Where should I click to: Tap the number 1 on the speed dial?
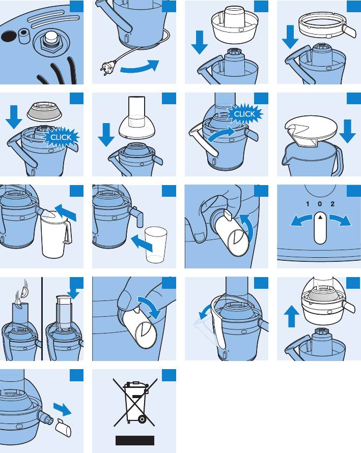click(x=308, y=204)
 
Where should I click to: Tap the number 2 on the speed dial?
click(x=332, y=204)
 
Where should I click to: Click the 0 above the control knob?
click(x=320, y=204)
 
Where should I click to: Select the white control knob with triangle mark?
click(x=320, y=228)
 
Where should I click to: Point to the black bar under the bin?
click(x=135, y=440)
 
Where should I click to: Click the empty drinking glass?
click(x=156, y=245)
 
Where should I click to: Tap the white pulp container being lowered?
click(x=235, y=24)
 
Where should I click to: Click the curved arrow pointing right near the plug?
click(x=140, y=67)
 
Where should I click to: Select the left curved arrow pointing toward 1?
click(x=301, y=220)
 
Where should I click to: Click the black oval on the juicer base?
click(x=9, y=36)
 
